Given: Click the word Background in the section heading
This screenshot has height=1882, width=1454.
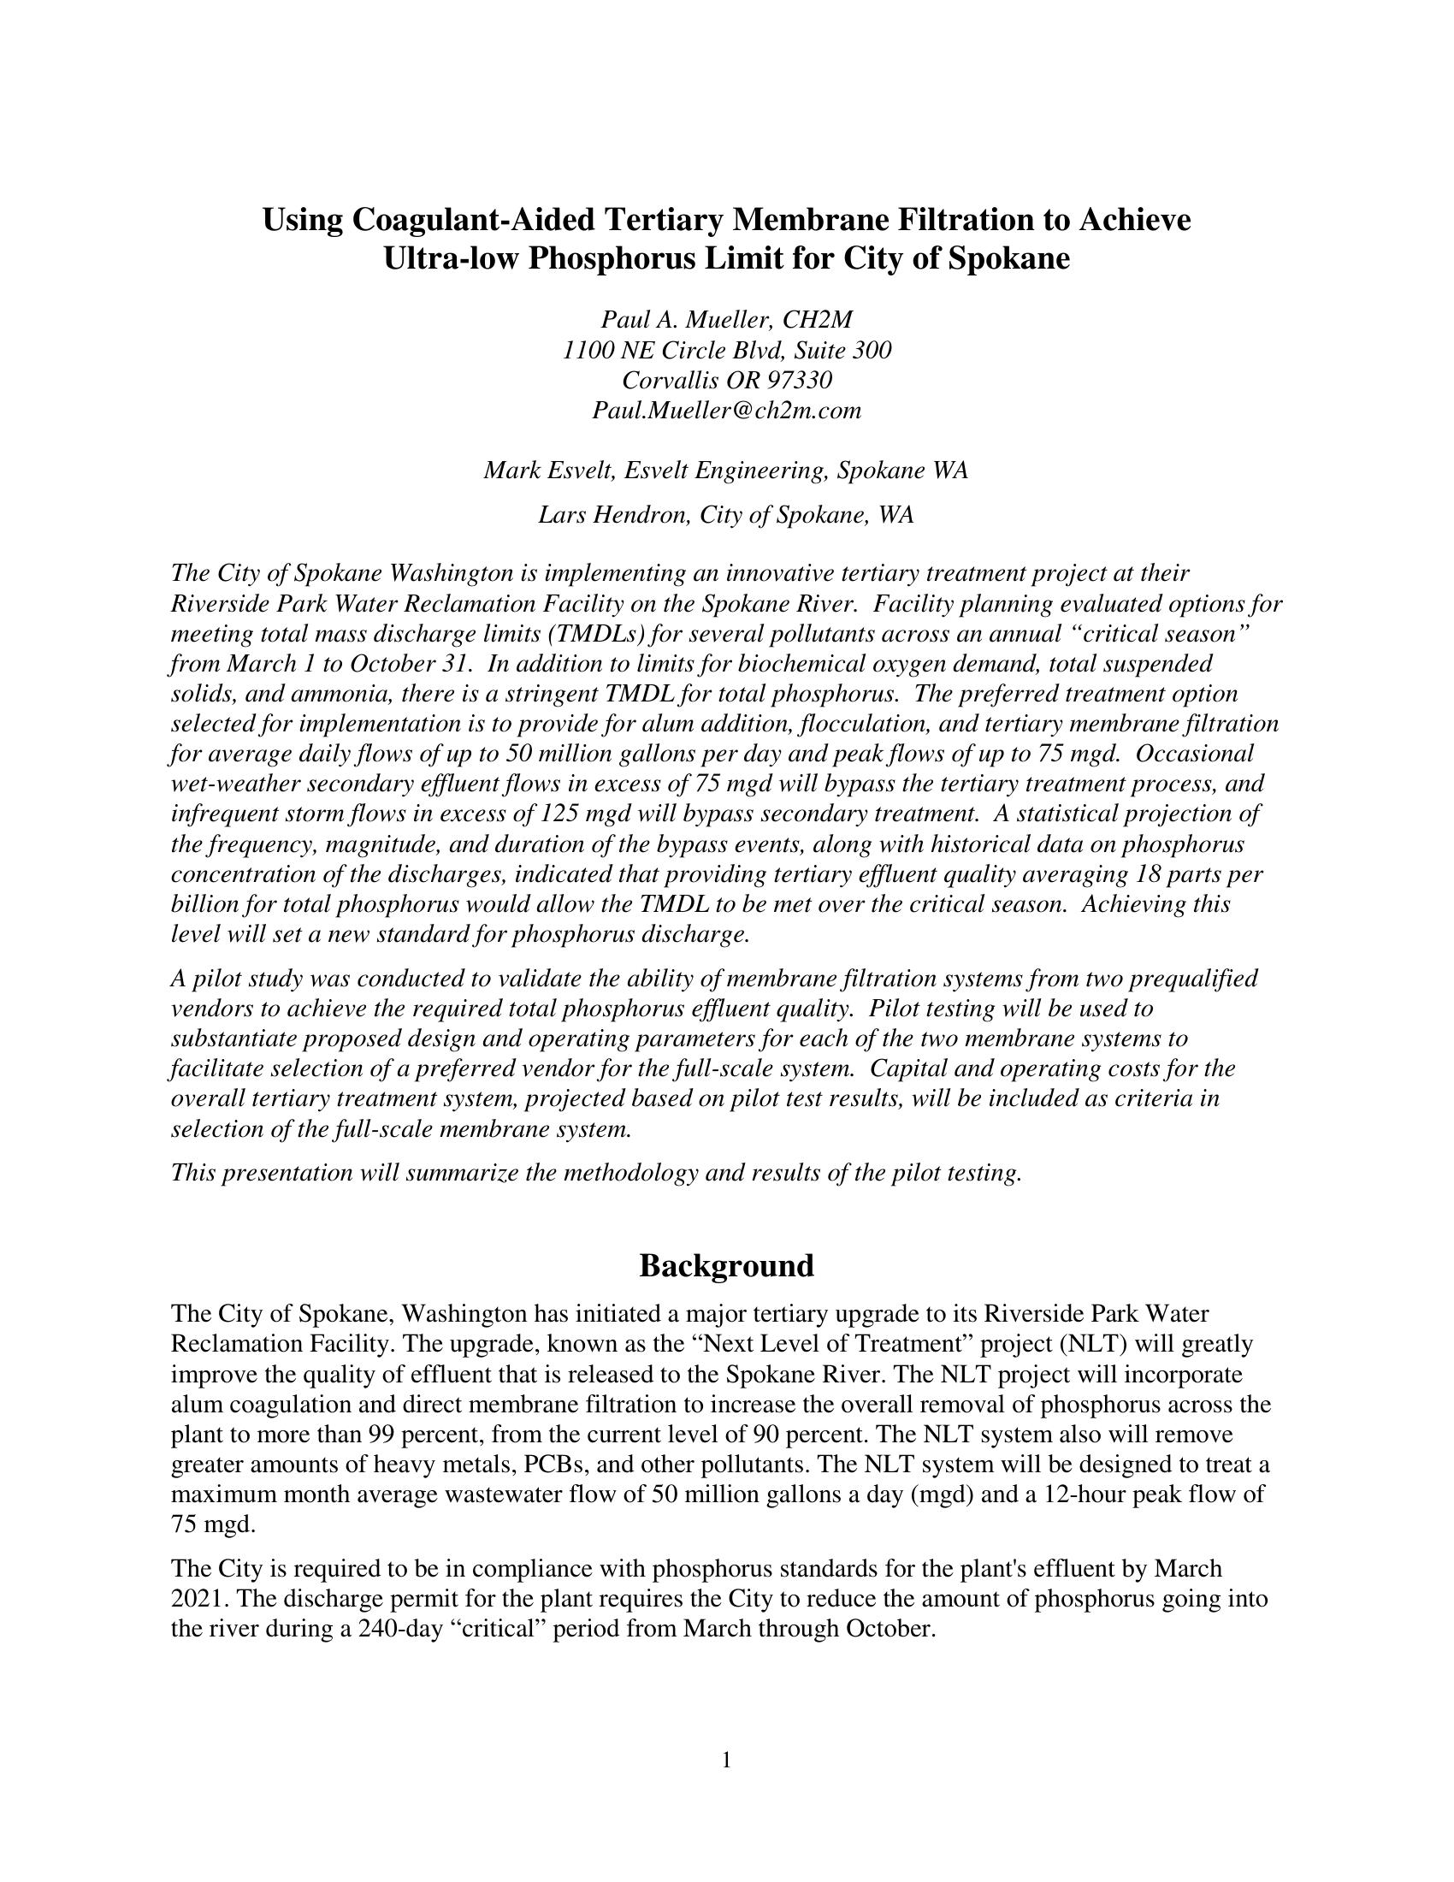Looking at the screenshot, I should tap(726, 1266).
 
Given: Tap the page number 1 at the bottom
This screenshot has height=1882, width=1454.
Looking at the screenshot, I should tap(726, 1760).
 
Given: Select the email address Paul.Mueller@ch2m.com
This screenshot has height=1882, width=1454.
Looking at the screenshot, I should tap(726, 410).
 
